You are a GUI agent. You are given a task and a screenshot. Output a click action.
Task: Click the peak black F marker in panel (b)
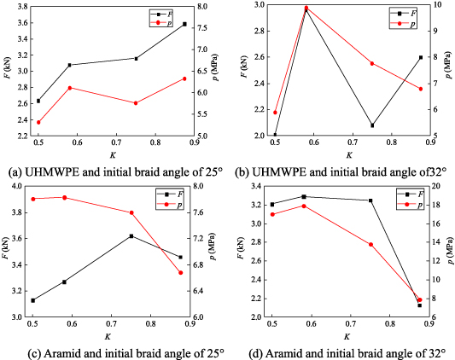[x=306, y=9]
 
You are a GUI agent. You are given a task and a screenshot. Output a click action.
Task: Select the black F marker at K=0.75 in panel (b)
[x=371, y=125]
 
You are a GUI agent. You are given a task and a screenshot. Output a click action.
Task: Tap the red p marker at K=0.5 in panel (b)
[x=275, y=112]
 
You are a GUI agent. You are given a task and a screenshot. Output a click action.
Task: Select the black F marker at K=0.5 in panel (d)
[x=272, y=204]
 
